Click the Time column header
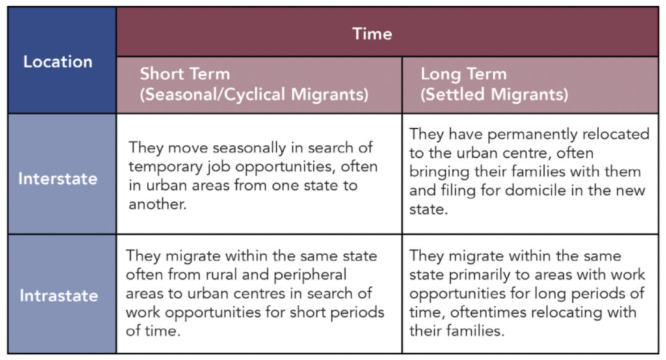372,33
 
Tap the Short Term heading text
185,74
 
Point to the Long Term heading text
463,75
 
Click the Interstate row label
58,179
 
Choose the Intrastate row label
59,295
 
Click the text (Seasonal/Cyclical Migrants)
254,94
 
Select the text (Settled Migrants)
494,94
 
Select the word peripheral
310,275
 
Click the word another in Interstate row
158,204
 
